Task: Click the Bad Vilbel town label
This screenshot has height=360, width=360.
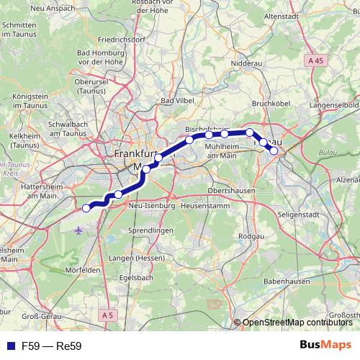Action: pyautogui.click(x=176, y=101)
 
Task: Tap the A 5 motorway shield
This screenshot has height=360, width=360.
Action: pyautogui.click(x=108, y=315)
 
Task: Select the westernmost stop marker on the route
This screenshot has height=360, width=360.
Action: pyautogui.click(x=86, y=208)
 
